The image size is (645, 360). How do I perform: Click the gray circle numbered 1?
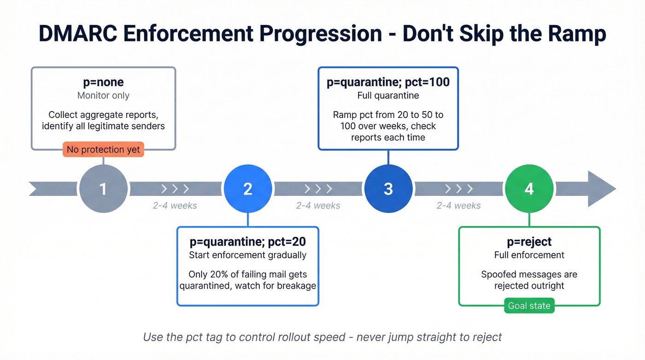(103, 189)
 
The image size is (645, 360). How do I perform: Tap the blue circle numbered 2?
(248, 189)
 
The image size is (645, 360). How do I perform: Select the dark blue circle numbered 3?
(388, 189)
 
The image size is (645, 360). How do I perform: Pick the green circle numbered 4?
(529, 189)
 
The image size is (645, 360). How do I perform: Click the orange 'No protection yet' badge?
(103, 149)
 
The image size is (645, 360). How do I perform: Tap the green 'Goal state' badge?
(529, 306)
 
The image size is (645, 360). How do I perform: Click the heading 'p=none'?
(103, 83)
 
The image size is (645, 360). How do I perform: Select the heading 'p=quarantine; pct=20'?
(248, 242)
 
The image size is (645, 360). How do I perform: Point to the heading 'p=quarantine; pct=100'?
(388, 83)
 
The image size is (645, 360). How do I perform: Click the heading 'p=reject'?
(529, 242)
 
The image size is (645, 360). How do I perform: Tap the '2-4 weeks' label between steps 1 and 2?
(175, 206)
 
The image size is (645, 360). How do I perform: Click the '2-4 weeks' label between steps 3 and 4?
(458, 206)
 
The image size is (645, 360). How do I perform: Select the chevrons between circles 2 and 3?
(318, 189)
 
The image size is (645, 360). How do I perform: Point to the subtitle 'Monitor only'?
(103, 95)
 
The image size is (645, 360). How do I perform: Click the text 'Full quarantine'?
(388, 95)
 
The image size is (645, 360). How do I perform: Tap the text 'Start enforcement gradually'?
(248, 255)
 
